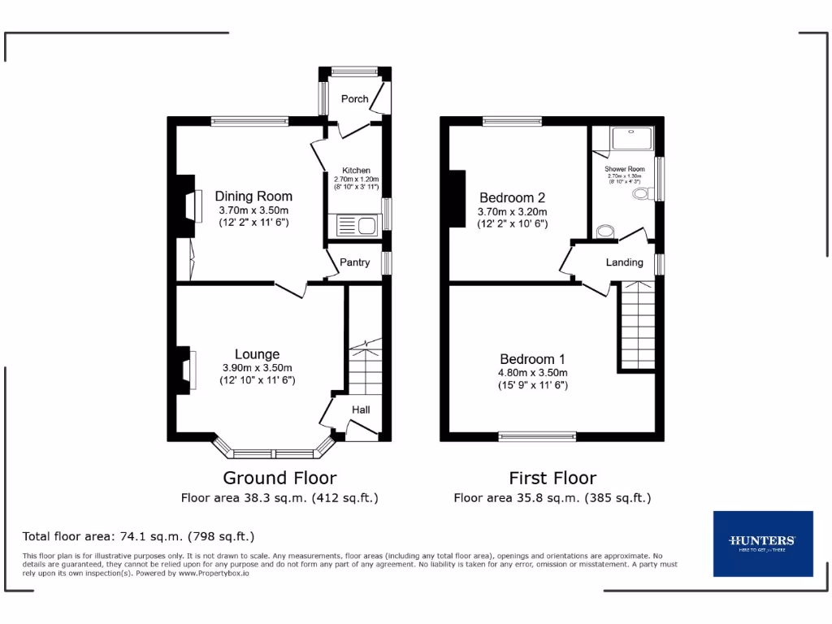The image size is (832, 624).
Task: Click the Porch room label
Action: click(x=354, y=99)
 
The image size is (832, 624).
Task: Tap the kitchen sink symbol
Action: click(x=354, y=225)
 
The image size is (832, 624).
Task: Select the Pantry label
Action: click(x=354, y=262)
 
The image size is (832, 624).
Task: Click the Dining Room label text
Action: click(x=253, y=197)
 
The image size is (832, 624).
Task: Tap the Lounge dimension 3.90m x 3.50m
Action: click(x=257, y=368)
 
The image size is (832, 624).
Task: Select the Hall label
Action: click(x=361, y=409)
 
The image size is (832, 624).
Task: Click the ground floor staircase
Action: click(x=365, y=370)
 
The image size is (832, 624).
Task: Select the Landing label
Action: click(x=624, y=262)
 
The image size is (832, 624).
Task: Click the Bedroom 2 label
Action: click(x=512, y=197)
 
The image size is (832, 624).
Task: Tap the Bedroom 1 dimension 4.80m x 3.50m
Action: click(x=533, y=373)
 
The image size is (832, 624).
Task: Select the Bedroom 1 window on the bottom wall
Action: click(x=537, y=437)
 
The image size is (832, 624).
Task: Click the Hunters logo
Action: click(x=762, y=543)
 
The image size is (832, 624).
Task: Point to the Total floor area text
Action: click(x=139, y=536)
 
